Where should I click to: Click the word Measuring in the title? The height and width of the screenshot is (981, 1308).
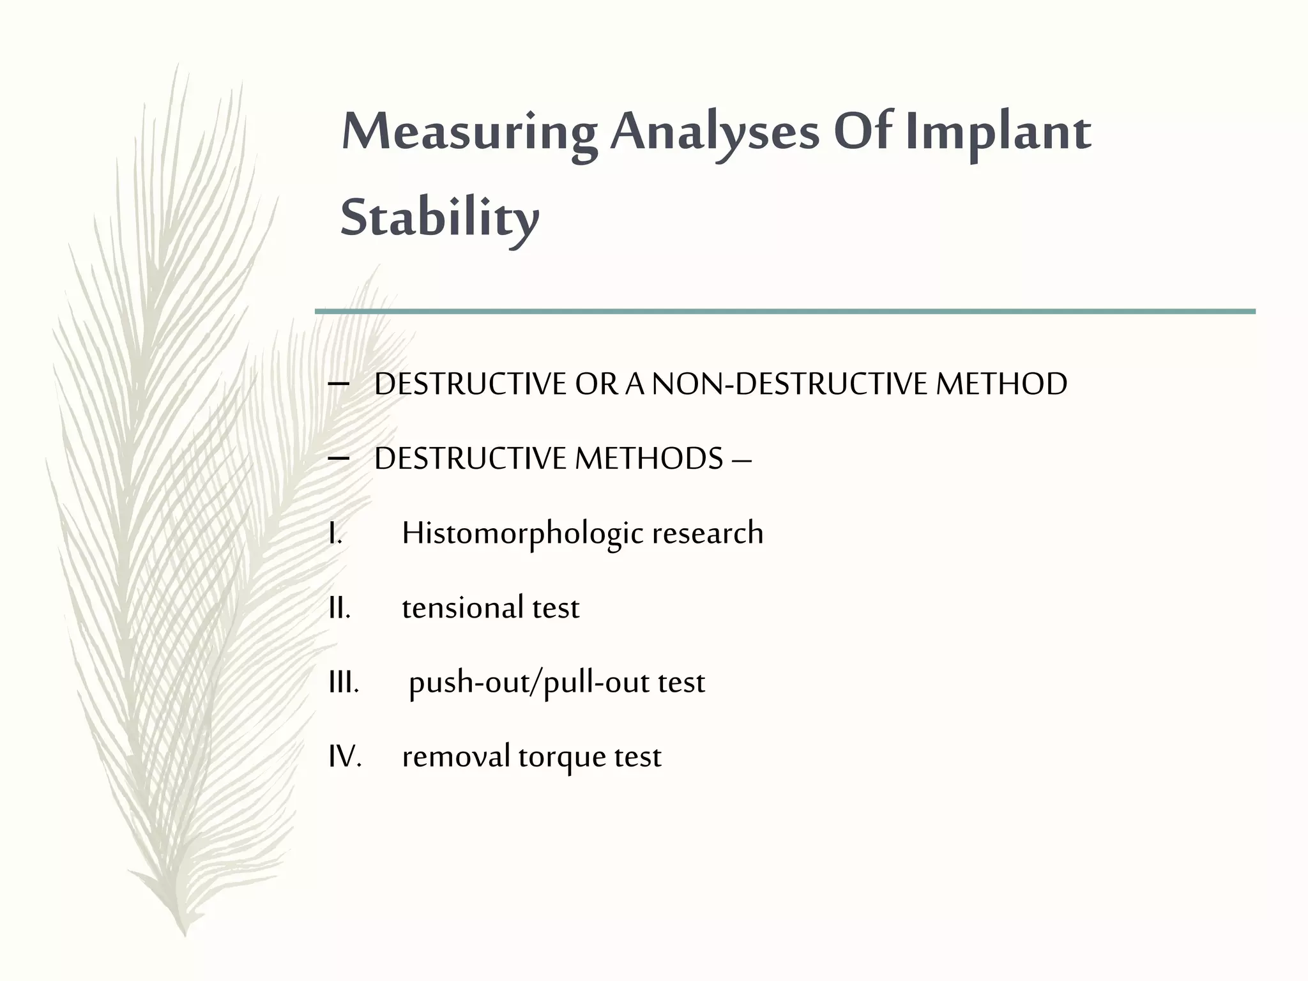[469, 133]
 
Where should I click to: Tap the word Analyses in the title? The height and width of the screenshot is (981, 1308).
[714, 133]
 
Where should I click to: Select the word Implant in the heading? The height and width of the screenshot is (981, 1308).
[998, 133]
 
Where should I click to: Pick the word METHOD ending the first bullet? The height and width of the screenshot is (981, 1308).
[1001, 384]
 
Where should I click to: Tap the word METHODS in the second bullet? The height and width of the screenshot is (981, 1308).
[649, 459]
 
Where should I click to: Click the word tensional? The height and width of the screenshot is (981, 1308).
[461, 607]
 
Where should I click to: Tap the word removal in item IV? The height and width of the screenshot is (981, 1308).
[455, 757]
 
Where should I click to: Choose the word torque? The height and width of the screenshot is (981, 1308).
[561, 758]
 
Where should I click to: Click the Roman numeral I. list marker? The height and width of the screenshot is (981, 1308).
[335, 533]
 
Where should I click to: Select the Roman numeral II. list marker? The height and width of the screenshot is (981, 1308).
[339, 607]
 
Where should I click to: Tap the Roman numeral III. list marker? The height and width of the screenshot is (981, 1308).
[343, 682]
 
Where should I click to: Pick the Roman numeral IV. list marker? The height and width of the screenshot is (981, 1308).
[345, 757]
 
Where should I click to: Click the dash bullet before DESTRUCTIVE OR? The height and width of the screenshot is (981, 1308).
[338, 384]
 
